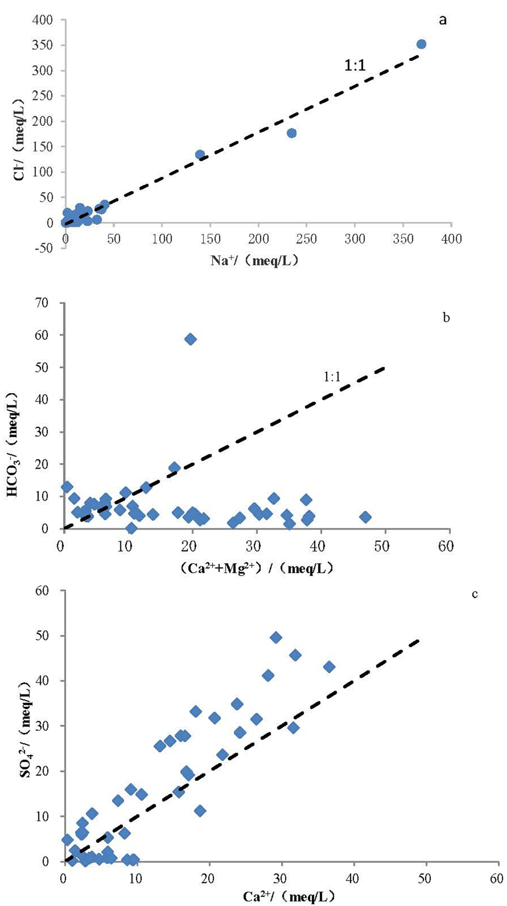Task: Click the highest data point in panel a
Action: pos(421,44)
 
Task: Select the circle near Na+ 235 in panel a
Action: pos(292,133)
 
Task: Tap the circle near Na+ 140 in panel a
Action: pos(200,155)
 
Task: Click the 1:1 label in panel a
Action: pos(354,65)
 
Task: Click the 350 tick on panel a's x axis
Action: pos(403,239)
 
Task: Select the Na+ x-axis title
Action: pos(254,261)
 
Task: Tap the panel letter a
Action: pos(442,20)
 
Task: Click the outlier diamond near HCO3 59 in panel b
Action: pos(190,339)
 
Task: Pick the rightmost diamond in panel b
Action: pos(365,517)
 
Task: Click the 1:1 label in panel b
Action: pos(332,377)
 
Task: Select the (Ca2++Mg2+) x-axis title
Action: pos(254,568)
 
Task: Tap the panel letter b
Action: pos(446,318)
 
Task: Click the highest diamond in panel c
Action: pos(276,637)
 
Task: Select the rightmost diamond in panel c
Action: pos(329,667)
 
